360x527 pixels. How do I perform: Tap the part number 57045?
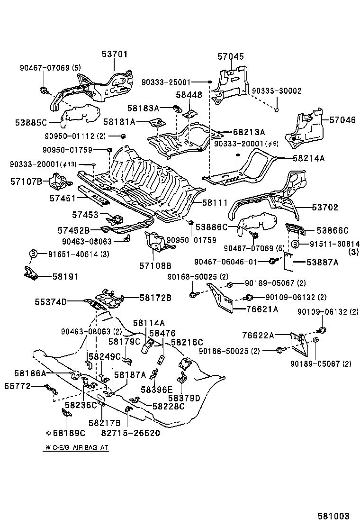(x=231, y=56)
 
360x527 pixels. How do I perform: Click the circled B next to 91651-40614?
(x=34, y=254)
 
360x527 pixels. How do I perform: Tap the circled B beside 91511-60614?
(x=294, y=244)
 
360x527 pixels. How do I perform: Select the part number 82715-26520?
(x=130, y=433)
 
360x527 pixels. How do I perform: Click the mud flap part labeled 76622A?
(x=299, y=345)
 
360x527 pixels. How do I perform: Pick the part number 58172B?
(x=155, y=298)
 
